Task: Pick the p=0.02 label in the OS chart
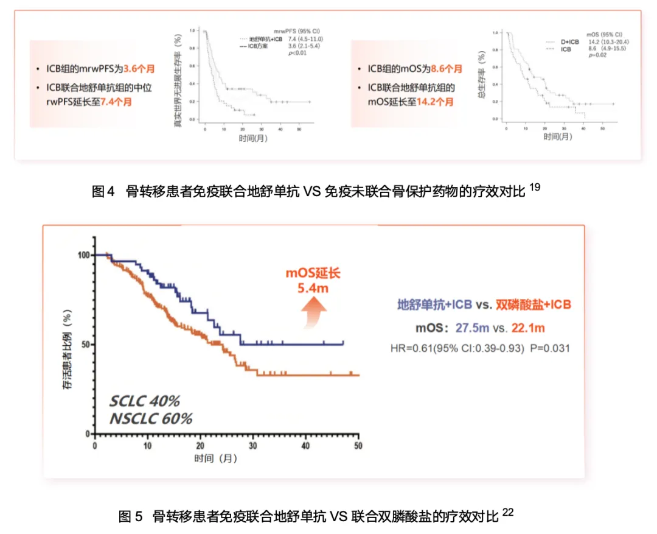coord(597,55)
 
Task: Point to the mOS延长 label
coord(313,273)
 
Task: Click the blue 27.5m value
coord(473,328)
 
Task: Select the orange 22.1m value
coord(527,328)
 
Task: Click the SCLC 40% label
coord(145,401)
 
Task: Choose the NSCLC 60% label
coord(151,418)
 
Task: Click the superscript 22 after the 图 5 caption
coord(509,513)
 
